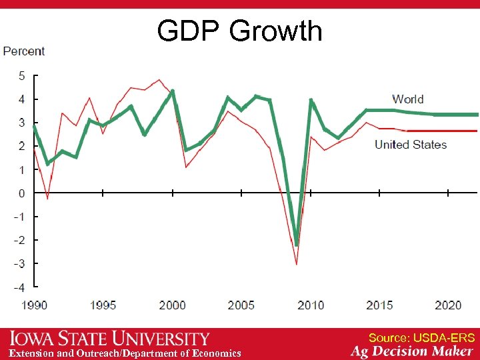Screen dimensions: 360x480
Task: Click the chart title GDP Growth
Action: click(x=239, y=31)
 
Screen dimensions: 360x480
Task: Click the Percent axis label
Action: click(x=24, y=51)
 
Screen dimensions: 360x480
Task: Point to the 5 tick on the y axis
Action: click(x=21, y=76)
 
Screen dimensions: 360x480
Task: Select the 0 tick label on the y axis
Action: click(x=21, y=193)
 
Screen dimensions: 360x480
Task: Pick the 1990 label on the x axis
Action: click(x=34, y=305)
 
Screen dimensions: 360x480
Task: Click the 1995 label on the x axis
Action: click(x=103, y=305)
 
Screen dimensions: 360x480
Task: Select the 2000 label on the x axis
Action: click(x=172, y=305)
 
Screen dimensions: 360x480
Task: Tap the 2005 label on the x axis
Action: click(x=241, y=305)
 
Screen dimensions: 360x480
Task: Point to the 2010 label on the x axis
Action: click(x=310, y=305)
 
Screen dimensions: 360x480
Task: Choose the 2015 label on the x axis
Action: click(x=379, y=305)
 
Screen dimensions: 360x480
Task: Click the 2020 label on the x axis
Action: click(x=448, y=305)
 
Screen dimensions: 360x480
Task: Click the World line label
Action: click(x=407, y=99)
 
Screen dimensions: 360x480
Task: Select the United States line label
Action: click(x=410, y=145)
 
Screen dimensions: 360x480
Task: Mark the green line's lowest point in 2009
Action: click(x=297, y=244)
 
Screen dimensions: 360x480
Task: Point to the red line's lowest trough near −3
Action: click(x=297, y=264)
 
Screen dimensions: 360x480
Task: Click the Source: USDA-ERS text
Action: click(x=421, y=338)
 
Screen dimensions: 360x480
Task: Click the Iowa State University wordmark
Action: click(x=110, y=339)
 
